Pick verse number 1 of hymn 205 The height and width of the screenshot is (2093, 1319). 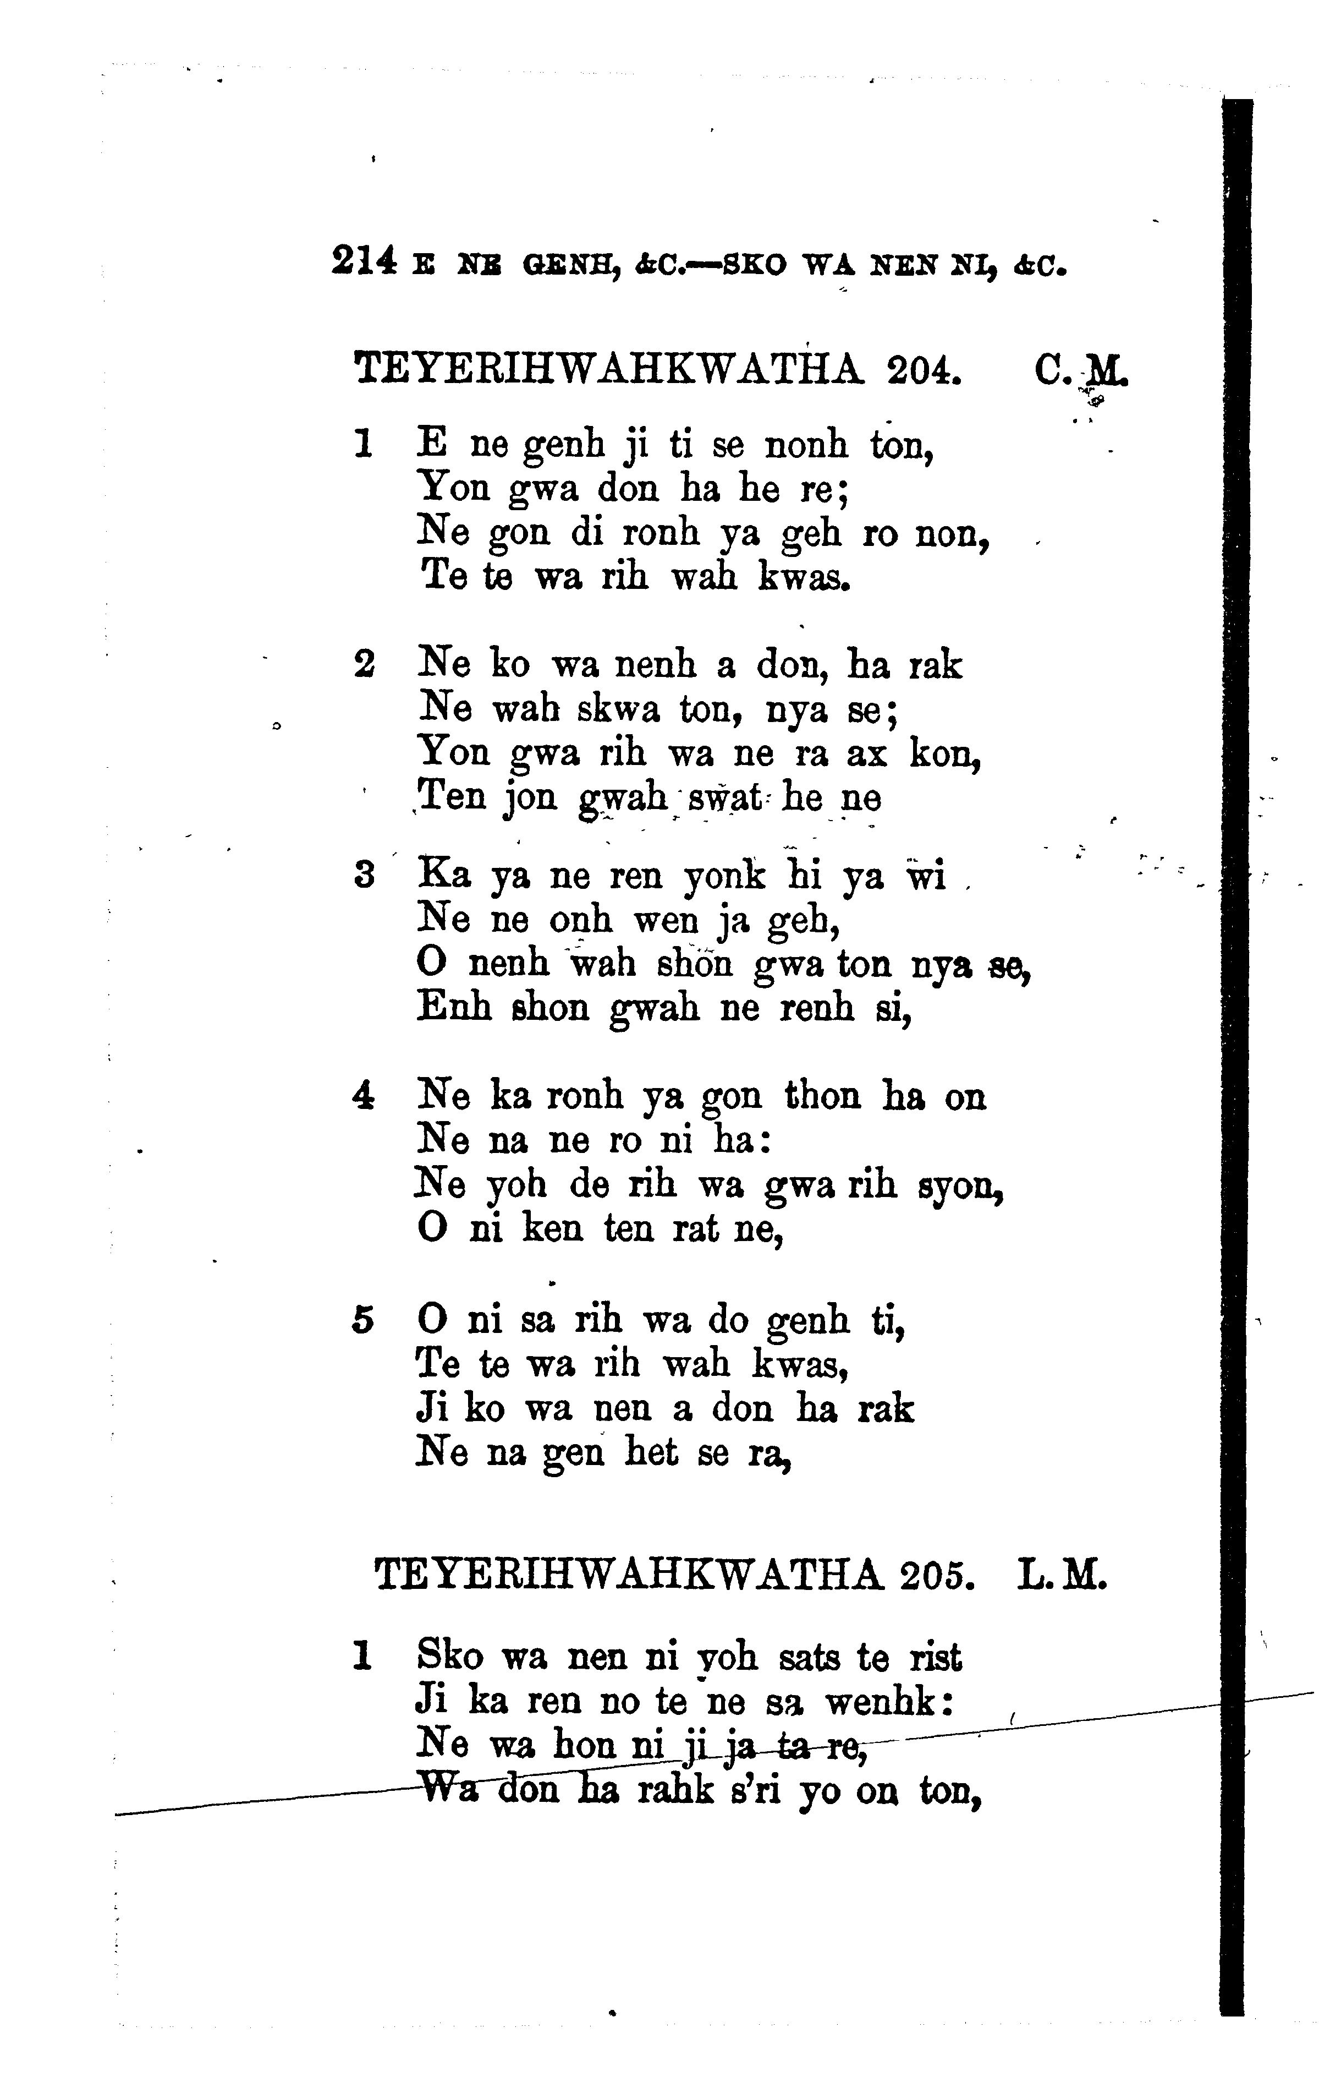pyautogui.click(x=362, y=1656)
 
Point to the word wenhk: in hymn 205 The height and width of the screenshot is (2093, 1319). pyautogui.click(x=890, y=1699)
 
